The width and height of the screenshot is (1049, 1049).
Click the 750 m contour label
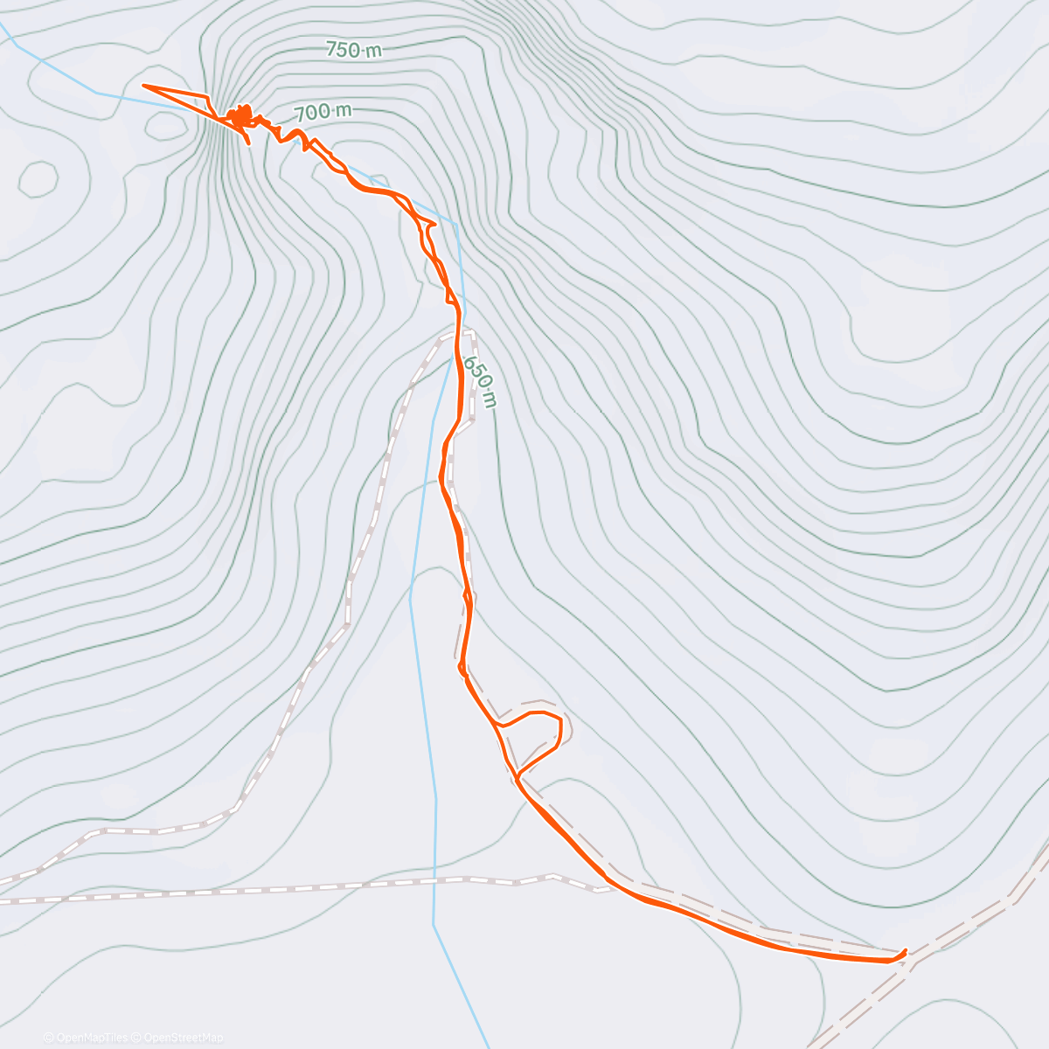(354, 50)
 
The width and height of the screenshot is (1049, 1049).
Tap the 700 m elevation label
(323, 112)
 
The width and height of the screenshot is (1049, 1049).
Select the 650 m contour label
(480, 381)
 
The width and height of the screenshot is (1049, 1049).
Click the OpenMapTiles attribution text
(91, 1038)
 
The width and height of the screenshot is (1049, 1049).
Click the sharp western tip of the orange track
(143, 86)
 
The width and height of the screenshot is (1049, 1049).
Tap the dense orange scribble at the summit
(239, 115)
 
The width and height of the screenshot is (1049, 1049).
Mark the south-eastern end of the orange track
(905, 952)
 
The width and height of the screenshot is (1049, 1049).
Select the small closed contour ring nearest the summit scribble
(166, 125)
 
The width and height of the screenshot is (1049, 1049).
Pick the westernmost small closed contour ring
(38, 178)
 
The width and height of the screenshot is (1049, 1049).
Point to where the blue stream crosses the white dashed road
(434, 881)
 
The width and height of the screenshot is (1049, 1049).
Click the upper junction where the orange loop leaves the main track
(497, 725)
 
